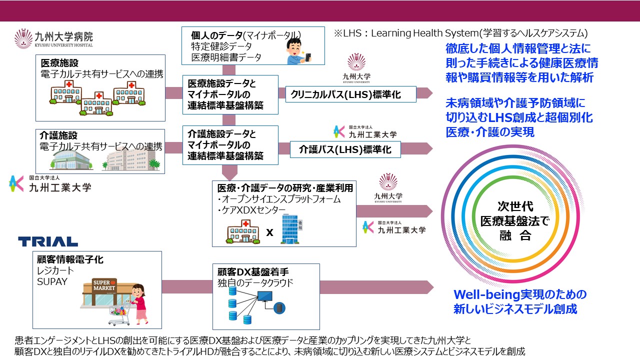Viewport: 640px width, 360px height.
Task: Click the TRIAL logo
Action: coord(48,241)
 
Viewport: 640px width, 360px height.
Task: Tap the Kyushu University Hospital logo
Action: coord(53,38)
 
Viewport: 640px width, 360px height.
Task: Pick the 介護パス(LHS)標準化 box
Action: coord(346,148)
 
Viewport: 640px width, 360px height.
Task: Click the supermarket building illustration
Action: coord(105,292)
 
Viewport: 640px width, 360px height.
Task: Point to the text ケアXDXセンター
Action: coord(252,209)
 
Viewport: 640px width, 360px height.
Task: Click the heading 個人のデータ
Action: coord(216,35)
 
